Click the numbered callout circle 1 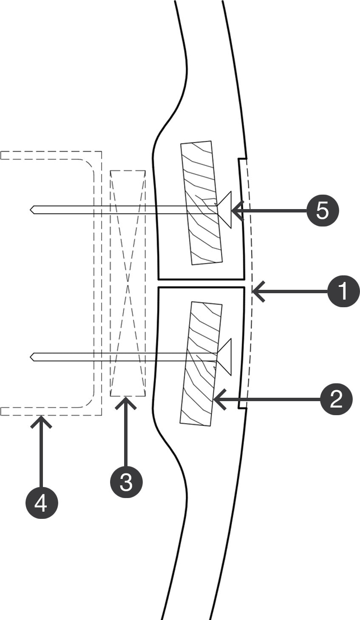[343, 291]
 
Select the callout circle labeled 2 [336, 399]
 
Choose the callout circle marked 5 [323, 210]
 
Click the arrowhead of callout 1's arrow [255, 291]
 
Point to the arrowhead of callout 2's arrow [216, 399]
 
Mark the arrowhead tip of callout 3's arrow [126, 399]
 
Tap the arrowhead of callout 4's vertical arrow [41, 418]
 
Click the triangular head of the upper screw [225, 210]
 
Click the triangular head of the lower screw [225, 357]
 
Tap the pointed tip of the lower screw [31, 357]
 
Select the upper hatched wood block [201, 203]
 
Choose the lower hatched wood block [201, 363]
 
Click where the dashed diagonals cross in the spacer [128, 283]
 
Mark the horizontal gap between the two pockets [201, 283]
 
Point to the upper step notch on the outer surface [242, 159]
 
